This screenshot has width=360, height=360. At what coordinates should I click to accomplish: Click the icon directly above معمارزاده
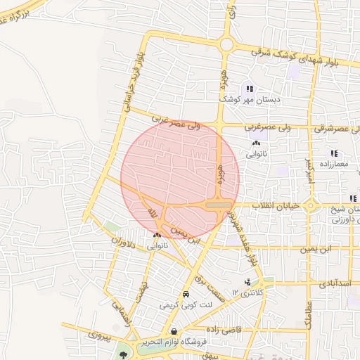point(334,153)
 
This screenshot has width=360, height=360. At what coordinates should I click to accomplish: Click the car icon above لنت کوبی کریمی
point(185,295)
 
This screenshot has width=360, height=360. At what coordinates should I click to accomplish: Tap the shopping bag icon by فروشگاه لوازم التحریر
point(173,331)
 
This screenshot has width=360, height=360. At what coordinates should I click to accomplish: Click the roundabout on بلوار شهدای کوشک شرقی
point(226,45)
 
